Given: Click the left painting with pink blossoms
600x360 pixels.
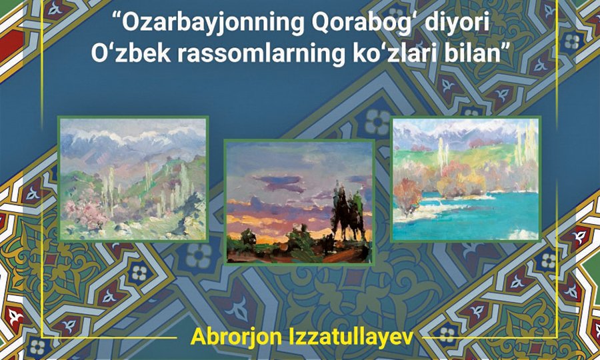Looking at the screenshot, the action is pos(133,179).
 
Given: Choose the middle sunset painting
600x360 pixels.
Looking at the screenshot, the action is pos(299,202).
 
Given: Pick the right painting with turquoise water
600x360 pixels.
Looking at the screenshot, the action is pos(466,179).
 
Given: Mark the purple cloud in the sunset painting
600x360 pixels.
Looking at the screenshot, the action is pos(279,182).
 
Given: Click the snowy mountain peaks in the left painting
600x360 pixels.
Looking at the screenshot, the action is pos(130,137).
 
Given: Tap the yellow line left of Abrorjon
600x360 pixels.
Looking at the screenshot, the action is pos(109,338).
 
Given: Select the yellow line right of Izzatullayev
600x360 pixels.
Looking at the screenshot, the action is pos(491,338).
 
